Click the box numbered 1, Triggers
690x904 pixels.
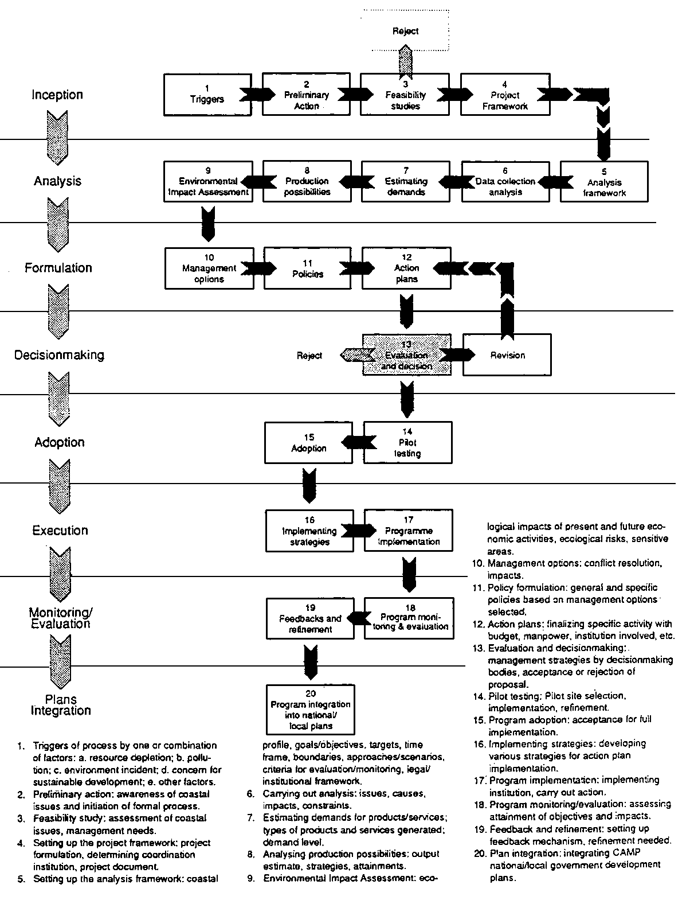pos(207,94)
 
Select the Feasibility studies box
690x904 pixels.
pos(405,95)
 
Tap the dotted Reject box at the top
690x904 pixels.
pos(405,31)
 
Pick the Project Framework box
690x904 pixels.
pos(504,95)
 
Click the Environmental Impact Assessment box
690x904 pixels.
pos(208,181)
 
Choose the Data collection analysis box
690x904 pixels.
pos(505,181)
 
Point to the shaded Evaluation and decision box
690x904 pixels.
pos(406,355)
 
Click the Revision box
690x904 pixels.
pos(507,355)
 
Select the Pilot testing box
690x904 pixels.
pos(407,442)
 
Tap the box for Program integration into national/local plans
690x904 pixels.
pos(310,710)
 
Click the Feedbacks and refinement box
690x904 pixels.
pos(310,618)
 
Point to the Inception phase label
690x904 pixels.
pos(57,95)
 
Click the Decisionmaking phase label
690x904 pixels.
pos(59,355)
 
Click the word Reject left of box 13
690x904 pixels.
pos(309,356)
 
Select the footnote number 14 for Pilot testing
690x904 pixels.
pos(479,696)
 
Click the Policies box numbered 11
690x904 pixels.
pos(308,268)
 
